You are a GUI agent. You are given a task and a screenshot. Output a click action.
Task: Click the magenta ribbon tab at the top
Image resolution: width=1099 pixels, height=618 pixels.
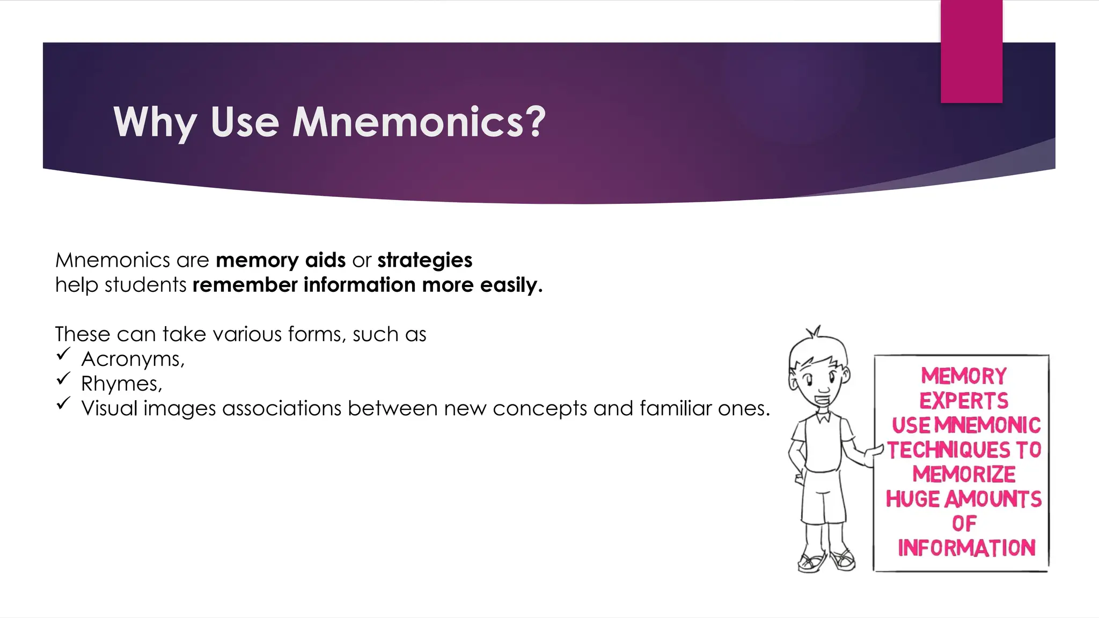pos(971,51)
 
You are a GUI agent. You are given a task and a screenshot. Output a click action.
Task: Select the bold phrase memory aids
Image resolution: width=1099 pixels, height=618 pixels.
pos(281,260)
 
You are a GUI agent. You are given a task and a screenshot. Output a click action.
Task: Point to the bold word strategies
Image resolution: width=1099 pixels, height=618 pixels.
pos(424,260)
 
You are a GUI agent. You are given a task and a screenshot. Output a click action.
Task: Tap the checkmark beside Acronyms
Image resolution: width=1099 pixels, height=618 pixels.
pos(63,354)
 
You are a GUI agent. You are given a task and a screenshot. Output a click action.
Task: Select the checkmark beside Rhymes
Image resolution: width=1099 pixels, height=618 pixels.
pos(63,379)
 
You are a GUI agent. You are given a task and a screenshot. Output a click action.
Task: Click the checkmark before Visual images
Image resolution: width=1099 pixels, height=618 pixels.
pos(63,403)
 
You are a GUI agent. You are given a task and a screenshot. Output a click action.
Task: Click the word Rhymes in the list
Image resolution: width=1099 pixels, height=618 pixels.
pos(121,384)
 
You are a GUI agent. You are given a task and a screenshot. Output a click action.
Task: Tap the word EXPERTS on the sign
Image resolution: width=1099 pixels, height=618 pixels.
pos(964,401)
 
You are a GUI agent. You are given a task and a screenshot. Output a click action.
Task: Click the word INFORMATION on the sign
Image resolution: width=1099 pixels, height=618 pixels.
pos(966,548)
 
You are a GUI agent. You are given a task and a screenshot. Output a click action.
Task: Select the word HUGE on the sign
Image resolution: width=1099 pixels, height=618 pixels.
pos(912,499)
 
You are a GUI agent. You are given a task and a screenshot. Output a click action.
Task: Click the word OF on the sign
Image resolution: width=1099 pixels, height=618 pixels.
pos(964,524)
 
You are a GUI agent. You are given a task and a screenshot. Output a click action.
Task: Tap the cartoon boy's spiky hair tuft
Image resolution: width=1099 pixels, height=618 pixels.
pos(815,332)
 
